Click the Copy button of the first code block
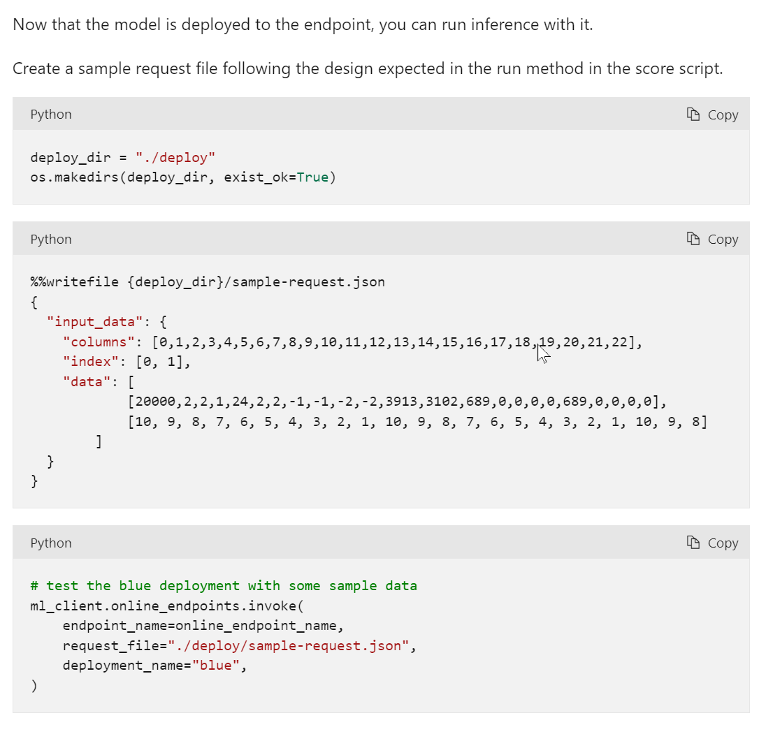[x=712, y=115]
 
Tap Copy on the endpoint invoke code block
[x=712, y=543]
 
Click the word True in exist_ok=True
[x=312, y=177]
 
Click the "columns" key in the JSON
[x=99, y=342]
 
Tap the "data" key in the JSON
[x=87, y=382]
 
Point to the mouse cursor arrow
[x=542, y=353]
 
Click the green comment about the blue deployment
[x=224, y=585]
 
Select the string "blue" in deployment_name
[x=215, y=665]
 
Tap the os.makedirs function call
[x=74, y=177]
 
